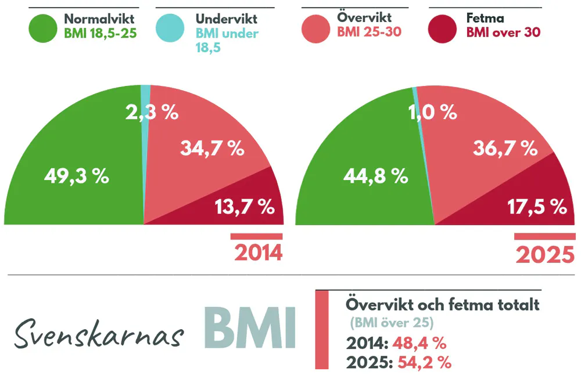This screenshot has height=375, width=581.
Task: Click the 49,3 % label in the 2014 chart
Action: (x=77, y=176)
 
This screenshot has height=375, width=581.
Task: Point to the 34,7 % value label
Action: (x=211, y=149)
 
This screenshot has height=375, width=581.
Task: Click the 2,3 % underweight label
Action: (x=152, y=112)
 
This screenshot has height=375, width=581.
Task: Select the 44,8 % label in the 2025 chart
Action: (x=375, y=176)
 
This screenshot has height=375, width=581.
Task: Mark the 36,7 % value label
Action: (x=505, y=149)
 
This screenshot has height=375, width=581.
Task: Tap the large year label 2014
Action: (x=258, y=253)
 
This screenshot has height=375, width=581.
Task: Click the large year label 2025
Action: (x=545, y=254)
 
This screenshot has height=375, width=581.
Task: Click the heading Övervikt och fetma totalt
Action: (x=442, y=305)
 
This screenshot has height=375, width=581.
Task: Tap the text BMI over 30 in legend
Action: (x=503, y=33)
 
